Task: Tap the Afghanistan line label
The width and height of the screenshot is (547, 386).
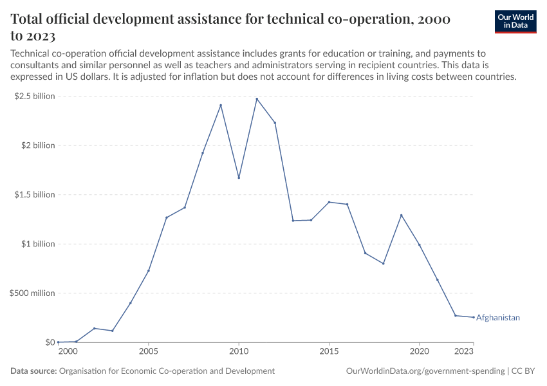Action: pyautogui.click(x=497, y=318)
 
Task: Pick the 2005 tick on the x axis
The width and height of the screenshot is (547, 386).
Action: pyautogui.click(x=149, y=352)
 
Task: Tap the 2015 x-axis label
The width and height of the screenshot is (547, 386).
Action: pyautogui.click(x=329, y=352)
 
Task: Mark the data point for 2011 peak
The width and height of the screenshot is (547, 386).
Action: pyautogui.click(x=257, y=99)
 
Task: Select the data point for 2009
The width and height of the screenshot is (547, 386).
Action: pyautogui.click(x=221, y=106)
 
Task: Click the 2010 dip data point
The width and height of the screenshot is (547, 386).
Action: pyautogui.click(x=239, y=178)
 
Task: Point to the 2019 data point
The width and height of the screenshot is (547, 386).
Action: pyautogui.click(x=401, y=215)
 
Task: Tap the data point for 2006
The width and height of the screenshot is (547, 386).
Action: pyautogui.click(x=167, y=217)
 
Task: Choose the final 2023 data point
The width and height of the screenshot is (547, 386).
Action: pyautogui.click(x=473, y=317)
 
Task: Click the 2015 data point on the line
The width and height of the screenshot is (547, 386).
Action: pyautogui.click(x=329, y=202)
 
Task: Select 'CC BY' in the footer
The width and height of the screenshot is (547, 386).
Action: pyautogui.click(x=524, y=371)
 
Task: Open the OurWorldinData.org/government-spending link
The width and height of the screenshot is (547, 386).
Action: pyautogui.click(x=425, y=371)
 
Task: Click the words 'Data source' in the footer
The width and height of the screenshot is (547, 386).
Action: pyautogui.click(x=33, y=371)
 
